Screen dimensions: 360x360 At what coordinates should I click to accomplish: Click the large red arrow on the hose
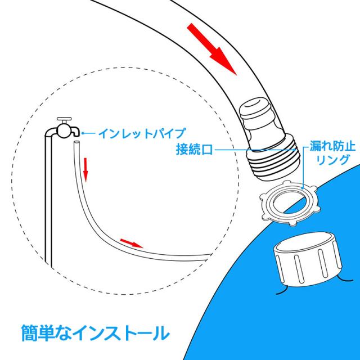[211, 49]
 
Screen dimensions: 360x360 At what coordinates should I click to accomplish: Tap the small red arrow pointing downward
[85, 169]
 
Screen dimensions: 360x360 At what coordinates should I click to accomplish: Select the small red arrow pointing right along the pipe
[132, 244]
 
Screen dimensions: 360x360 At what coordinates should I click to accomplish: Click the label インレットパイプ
[142, 133]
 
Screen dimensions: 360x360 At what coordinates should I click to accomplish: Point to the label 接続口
[194, 150]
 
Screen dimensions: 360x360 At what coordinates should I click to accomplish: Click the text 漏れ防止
[332, 146]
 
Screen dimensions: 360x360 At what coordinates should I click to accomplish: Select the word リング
[332, 160]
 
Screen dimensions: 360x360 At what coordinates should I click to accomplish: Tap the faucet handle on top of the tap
[64, 120]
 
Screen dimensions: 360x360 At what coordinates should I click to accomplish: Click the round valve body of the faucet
[64, 131]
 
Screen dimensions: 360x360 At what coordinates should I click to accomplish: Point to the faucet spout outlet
[77, 133]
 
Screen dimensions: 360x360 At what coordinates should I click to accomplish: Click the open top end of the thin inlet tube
[76, 142]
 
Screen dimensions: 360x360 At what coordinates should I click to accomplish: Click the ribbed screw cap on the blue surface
[308, 259]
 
